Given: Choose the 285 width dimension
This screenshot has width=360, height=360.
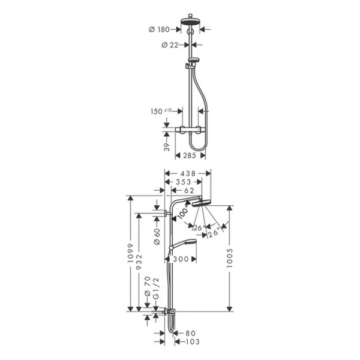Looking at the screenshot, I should pyautogui.click(x=190, y=155).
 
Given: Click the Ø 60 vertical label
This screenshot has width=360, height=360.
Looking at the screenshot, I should pyautogui.click(x=155, y=236).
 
